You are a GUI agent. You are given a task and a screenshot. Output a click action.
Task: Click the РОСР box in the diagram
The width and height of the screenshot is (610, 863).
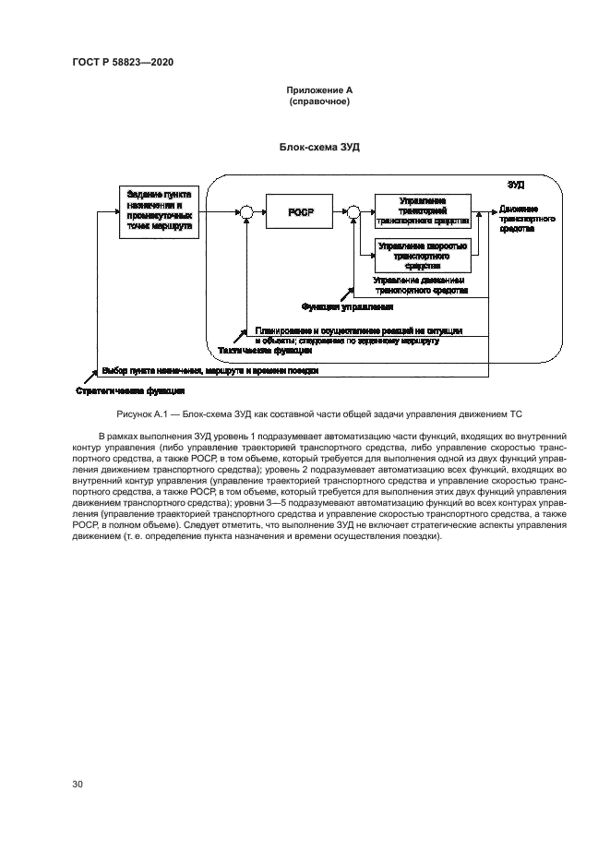[x=301, y=212]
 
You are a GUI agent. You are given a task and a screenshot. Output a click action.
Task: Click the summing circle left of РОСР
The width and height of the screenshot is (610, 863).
[x=245, y=213]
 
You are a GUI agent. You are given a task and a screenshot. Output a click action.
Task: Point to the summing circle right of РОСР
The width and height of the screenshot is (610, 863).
[x=353, y=213]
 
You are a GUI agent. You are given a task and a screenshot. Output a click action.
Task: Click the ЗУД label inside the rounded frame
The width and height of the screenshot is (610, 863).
[x=517, y=185]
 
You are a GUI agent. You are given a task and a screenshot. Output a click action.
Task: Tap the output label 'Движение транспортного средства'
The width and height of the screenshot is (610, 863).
[x=527, y=220]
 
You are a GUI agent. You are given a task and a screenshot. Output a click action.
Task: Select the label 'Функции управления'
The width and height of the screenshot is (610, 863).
[x=348, y=306]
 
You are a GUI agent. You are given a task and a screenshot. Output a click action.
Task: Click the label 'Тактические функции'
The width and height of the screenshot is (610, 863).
[x=253, y=350]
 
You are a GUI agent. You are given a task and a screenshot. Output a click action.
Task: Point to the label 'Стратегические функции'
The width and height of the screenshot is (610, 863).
[x=119, y=390]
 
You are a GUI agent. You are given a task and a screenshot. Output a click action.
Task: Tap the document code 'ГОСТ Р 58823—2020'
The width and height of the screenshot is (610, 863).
[x=123, y=62]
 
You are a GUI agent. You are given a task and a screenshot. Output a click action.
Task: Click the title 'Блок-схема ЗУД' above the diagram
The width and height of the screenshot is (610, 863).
[x=318, y=147]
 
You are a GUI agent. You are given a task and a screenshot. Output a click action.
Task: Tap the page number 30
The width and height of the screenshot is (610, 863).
[x=78, y=784]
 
